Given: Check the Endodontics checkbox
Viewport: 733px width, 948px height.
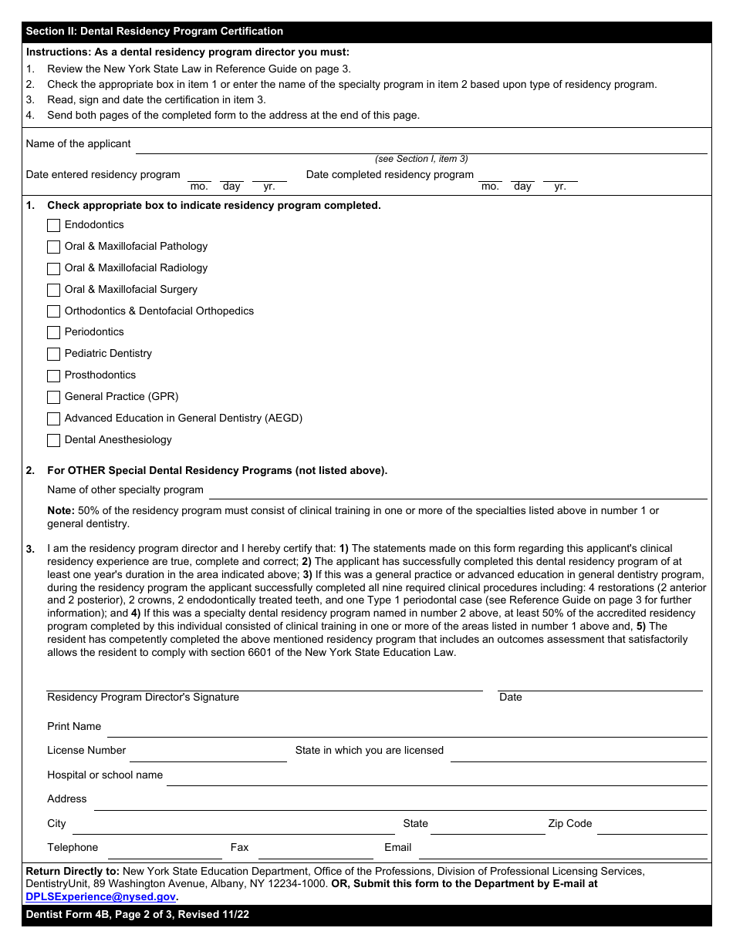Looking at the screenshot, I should pos(53,226).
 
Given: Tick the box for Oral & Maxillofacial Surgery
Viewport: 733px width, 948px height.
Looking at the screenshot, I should pos(53,291).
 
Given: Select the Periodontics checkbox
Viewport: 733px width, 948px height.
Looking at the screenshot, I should pos(53,333).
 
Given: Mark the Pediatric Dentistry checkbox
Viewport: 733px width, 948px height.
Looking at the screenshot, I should pos(53,355).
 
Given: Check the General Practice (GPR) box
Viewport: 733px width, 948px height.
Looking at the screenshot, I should pos(53,398).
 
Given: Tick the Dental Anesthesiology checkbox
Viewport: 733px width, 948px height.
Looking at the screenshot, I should pos(53,441).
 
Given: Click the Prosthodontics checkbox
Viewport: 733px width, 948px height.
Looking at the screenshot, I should pos(53,376).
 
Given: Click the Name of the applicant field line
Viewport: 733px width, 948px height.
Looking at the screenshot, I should pos(421,146).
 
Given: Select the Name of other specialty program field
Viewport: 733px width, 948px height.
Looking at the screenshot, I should pos(458,492).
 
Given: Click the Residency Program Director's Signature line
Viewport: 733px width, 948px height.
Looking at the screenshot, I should pos(264,684).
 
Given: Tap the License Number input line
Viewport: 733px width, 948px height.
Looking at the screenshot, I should pos(208,754).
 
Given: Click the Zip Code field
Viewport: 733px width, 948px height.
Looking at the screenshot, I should pos(652,827).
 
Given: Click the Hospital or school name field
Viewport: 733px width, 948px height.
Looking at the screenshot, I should pos(436,778).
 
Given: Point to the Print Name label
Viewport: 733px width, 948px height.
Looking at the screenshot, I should pos(74,726).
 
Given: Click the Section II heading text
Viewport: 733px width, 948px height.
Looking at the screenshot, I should pos(154,32).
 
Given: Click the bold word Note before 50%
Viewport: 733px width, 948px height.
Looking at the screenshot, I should pos(60,511).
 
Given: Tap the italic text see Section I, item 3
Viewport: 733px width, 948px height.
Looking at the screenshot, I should pos(421,159).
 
